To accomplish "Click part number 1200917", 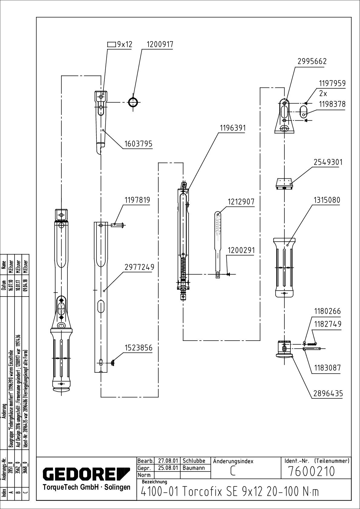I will click(x=160, y=44).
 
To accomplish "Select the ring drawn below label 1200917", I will click(x=133, y=102).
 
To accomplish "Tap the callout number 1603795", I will click(x=138, y=144).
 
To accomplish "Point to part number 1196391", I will click(x=232, y=128).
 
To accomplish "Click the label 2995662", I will click(x=312, y=61).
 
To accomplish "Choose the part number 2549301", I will click(x=328, y=162).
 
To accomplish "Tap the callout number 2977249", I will click(x=139, y=267).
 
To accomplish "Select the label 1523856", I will click(x=139, y=348).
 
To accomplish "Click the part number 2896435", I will click(x=328, y=394).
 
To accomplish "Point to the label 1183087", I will click(x=327, y=368).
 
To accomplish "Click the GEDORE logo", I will click(x=86, y=474).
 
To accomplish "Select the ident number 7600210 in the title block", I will click(x=312, y=471).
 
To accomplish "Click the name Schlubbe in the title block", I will click(x=194, y=461).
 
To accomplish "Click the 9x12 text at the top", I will click(x=125, y=44).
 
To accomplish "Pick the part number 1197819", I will click(x=137, y=200).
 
